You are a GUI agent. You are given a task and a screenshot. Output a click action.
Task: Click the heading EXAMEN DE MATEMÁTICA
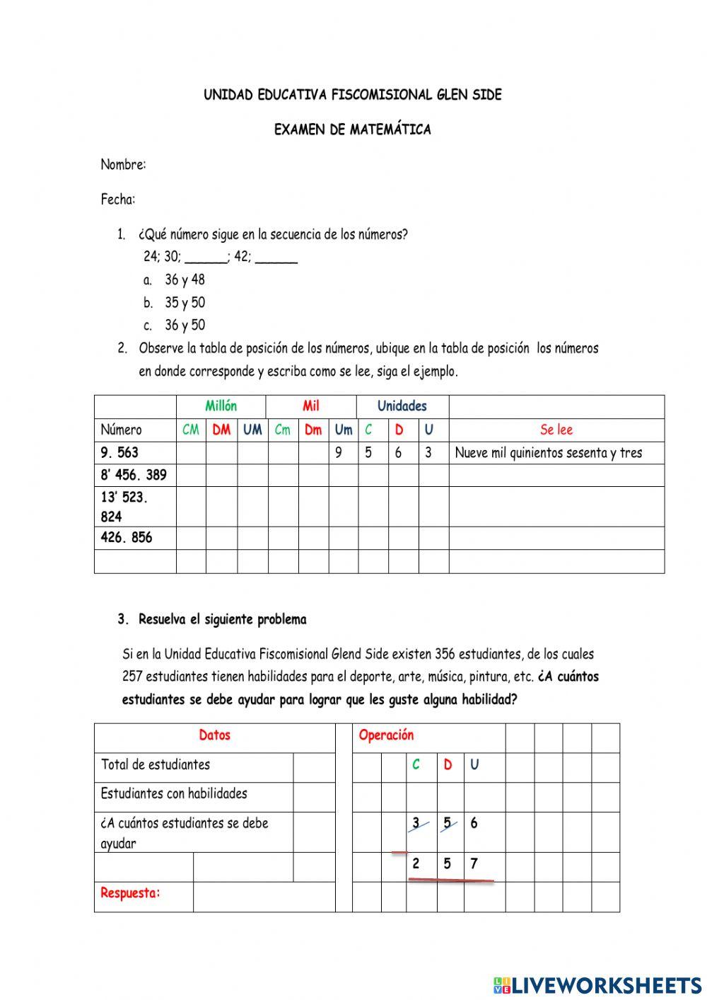click(352, 130)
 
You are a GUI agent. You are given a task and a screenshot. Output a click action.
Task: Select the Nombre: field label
click(123, 165)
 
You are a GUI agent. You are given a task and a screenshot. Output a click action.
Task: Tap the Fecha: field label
click(117, 200)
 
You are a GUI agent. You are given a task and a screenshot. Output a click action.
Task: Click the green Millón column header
click(221, 406)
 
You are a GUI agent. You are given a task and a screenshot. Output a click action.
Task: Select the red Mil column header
click(311, 406)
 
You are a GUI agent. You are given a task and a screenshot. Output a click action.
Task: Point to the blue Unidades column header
click(402, 406)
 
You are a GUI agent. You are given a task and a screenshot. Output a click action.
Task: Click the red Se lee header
click(556, 430)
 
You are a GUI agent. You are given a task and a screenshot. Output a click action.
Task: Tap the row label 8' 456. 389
click(134, 475)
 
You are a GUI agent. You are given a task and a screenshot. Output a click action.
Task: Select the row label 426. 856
click(127, 537)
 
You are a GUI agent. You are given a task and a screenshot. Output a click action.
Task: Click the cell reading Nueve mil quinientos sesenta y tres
click(549, 453)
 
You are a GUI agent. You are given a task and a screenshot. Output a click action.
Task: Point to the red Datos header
click(214, 735)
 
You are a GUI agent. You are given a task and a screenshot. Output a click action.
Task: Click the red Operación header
click(386, 735)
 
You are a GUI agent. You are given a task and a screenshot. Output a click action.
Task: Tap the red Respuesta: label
click(131, 893)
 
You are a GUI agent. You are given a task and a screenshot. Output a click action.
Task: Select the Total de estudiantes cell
click(156, 764)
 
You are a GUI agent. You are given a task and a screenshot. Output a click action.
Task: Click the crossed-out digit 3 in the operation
click(417, 823)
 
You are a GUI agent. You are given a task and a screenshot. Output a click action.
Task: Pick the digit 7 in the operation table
click(474, 864)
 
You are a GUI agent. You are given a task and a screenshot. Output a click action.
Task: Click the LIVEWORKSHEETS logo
click(597, 985)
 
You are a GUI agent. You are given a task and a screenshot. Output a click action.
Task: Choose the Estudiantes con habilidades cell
click(174, 793)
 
